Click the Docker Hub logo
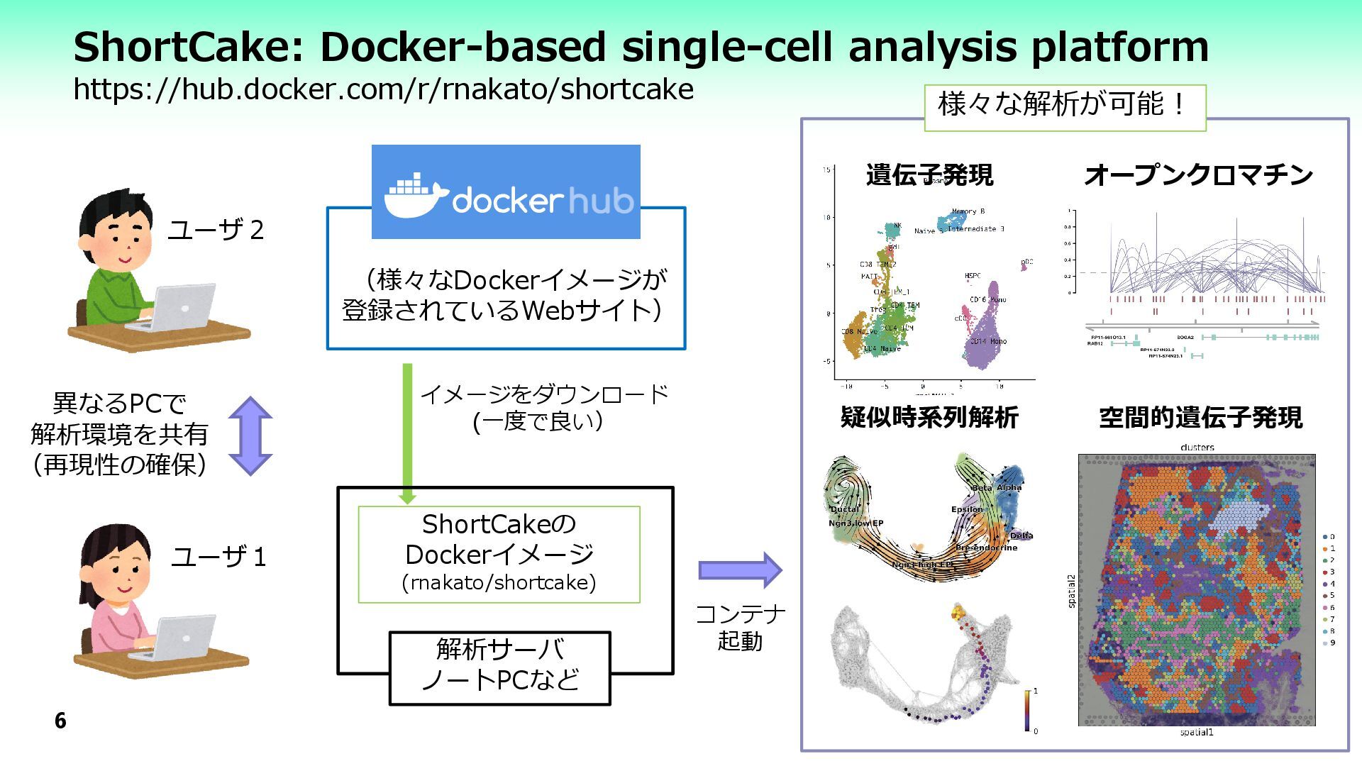point(506,192)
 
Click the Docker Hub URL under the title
point(383,89)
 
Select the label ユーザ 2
point(216,230)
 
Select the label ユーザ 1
point(218,557)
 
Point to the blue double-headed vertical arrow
point(250,435)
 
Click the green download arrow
point(407,433)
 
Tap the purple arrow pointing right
point(740,570)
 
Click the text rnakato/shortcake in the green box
point(499,583)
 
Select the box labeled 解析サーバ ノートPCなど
point(499,667)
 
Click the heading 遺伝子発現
point(929,175)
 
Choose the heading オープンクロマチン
point(1198,175)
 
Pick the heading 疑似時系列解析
point(929,417)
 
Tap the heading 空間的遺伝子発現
point(1200,417)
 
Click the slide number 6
point(60,721)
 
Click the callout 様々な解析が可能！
point(1064,105)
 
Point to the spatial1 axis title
point(1196,732)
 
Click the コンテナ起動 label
point(740,627)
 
